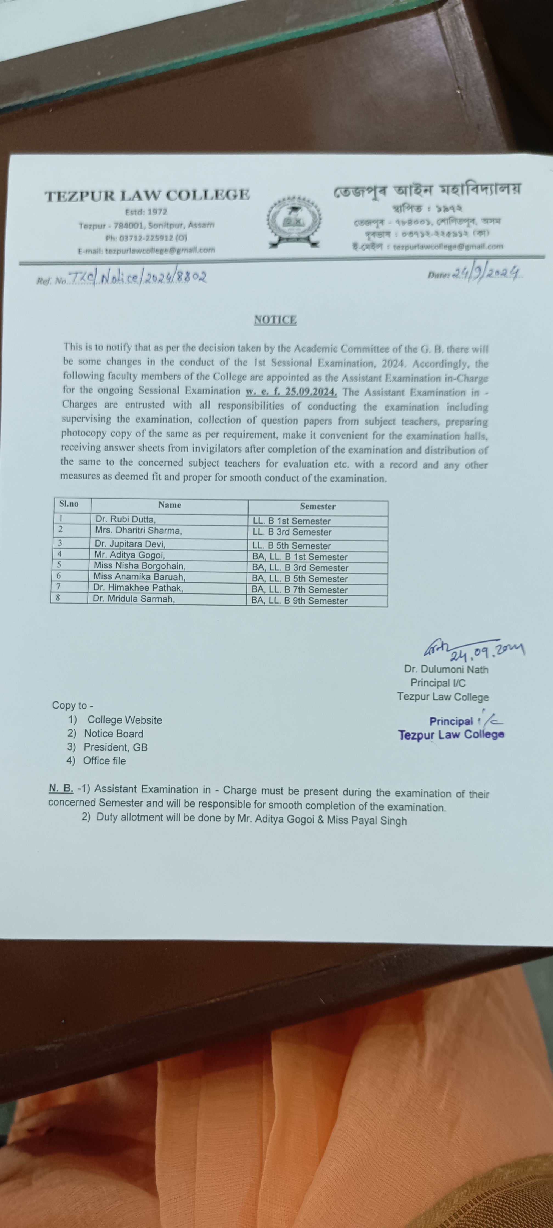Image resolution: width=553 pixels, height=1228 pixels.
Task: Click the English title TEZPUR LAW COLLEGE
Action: click(x=147, y=195)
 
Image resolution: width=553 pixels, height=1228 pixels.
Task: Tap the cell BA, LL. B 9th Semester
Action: click(x=299, y=601)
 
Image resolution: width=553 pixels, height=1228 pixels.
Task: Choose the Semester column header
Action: click(x=318, y=506)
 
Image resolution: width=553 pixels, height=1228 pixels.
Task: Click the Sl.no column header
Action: click(x=69, y=504)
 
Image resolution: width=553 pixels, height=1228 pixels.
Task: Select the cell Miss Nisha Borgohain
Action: click(x=139, y=565)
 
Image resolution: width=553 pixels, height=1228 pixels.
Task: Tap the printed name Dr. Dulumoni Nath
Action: click(x=446, y=669)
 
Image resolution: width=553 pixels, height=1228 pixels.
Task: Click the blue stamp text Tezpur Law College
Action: click(x=451, y=735)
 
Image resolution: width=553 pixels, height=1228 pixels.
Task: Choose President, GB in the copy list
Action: click(x=115, y=747)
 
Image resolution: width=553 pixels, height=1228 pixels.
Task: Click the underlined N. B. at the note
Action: click(x=61, y=789)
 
